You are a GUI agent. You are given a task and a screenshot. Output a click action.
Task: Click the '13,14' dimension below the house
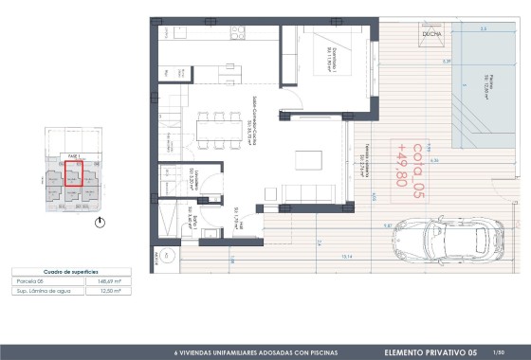click(346, 256)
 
